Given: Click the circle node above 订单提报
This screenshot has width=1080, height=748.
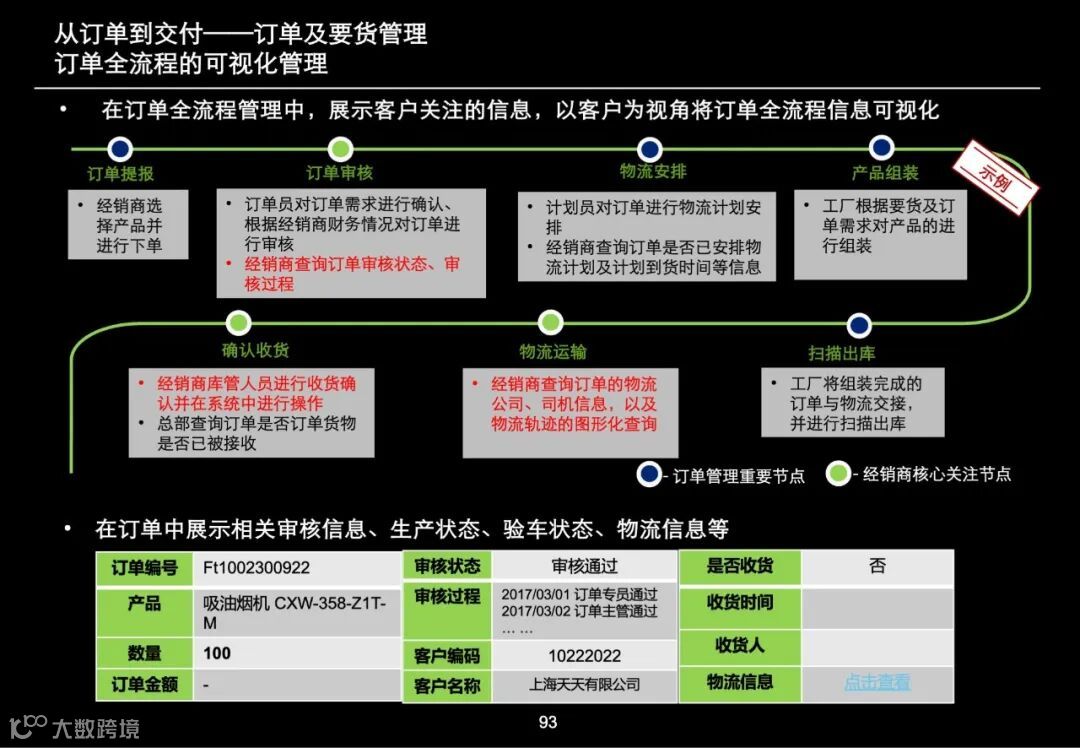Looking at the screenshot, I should (x=120, y=149).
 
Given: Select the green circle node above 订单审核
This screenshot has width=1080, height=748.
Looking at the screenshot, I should (x=340, y=149).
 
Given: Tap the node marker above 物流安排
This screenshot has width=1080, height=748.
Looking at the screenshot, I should (x=650, y=149).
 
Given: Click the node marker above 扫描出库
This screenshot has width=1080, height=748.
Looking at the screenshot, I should (x=858, y=325).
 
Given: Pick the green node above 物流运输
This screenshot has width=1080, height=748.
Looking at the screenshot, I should (x=551, y=323).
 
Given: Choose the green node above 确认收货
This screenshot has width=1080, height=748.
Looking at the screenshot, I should (x=238, y=323).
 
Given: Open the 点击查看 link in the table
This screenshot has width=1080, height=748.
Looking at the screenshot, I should (x=877, y=683).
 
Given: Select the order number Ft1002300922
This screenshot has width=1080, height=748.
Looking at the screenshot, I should (x=256, y=568).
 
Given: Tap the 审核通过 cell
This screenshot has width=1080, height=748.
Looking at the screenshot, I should (x=584, y=566).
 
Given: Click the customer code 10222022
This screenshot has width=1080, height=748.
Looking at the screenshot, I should (x=584, y=656).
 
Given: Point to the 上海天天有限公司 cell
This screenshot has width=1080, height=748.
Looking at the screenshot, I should (x=584, y=685).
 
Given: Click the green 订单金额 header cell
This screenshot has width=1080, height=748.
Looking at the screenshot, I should (x=145, y=685).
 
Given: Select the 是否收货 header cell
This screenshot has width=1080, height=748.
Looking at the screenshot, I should (x=740, y=566).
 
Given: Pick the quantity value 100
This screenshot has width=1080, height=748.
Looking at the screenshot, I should (x=217, y=653).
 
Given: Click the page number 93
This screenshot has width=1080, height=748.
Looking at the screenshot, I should (x=547, y=723).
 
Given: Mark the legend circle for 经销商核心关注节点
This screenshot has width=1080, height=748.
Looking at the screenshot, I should (x=838, y=474).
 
